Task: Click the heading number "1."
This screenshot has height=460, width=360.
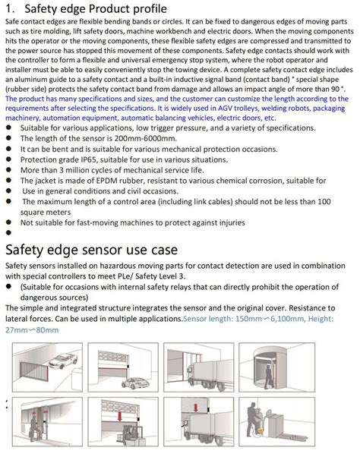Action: (10, 10)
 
